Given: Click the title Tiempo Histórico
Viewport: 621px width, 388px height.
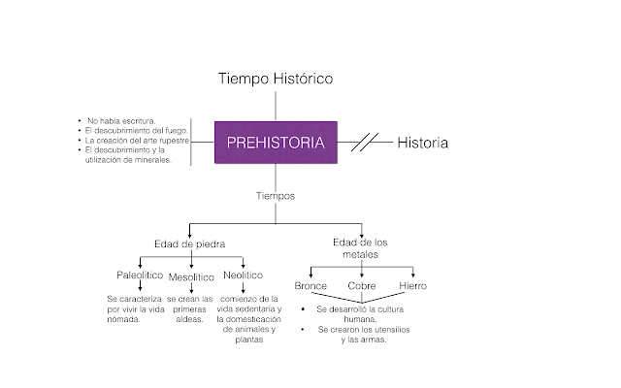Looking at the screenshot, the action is click(276, 79).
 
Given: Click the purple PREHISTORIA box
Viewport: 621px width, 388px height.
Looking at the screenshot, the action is click(276, 143).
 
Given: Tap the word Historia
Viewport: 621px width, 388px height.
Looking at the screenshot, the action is click(422, 143).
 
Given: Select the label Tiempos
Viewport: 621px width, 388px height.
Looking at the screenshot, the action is click(276, 196).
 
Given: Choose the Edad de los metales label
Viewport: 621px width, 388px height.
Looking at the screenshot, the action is click(360, 248).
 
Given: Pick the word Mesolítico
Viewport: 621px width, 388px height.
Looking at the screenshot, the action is click(190, 277).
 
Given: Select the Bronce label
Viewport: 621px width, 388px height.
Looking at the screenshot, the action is click(310, 286).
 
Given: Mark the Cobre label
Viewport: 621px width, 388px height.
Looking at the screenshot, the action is click(361, 286).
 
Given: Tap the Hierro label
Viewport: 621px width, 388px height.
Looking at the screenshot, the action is click(412, 286).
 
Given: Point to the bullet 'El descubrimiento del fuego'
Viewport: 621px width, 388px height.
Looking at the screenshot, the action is click(136, 130).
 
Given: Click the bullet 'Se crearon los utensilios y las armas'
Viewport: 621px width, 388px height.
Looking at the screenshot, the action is click(361, 335).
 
